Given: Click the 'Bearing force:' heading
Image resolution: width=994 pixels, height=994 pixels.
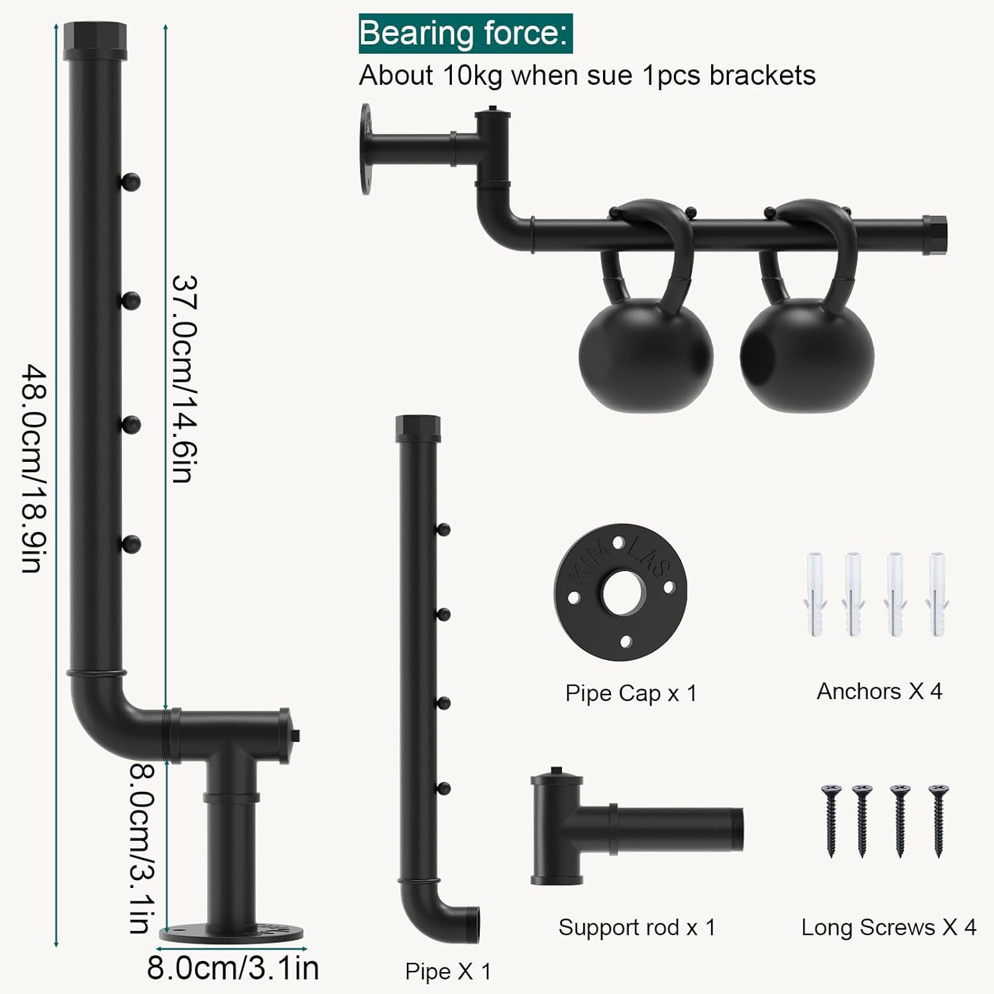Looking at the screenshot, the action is tap(465, 33).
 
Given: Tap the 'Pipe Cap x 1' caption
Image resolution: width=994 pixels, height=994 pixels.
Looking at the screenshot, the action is tap(631, 693).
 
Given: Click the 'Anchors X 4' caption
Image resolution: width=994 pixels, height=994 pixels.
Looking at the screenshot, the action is tap(879, 691).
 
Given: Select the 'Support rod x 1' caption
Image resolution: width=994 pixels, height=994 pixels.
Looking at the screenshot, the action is tap(637, 927).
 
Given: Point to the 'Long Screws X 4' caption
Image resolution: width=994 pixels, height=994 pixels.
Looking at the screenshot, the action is tap(889, 927).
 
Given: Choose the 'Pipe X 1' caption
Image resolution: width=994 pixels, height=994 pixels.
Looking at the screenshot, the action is tap(448, 971).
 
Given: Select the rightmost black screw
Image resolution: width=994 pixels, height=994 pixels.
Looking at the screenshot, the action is tap(938, 820).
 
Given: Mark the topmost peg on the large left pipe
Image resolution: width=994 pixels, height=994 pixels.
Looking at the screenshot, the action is tap(131, 181).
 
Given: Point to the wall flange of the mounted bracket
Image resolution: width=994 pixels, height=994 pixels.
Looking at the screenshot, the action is tap(366, 149).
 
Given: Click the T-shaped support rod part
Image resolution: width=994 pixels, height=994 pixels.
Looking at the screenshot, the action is tap(636, 828).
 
